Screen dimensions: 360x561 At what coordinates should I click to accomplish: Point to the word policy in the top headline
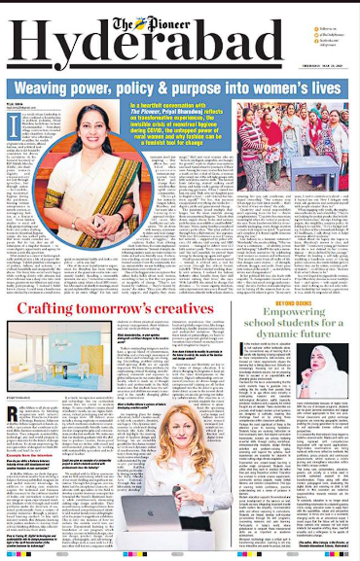[x=138, y=90]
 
